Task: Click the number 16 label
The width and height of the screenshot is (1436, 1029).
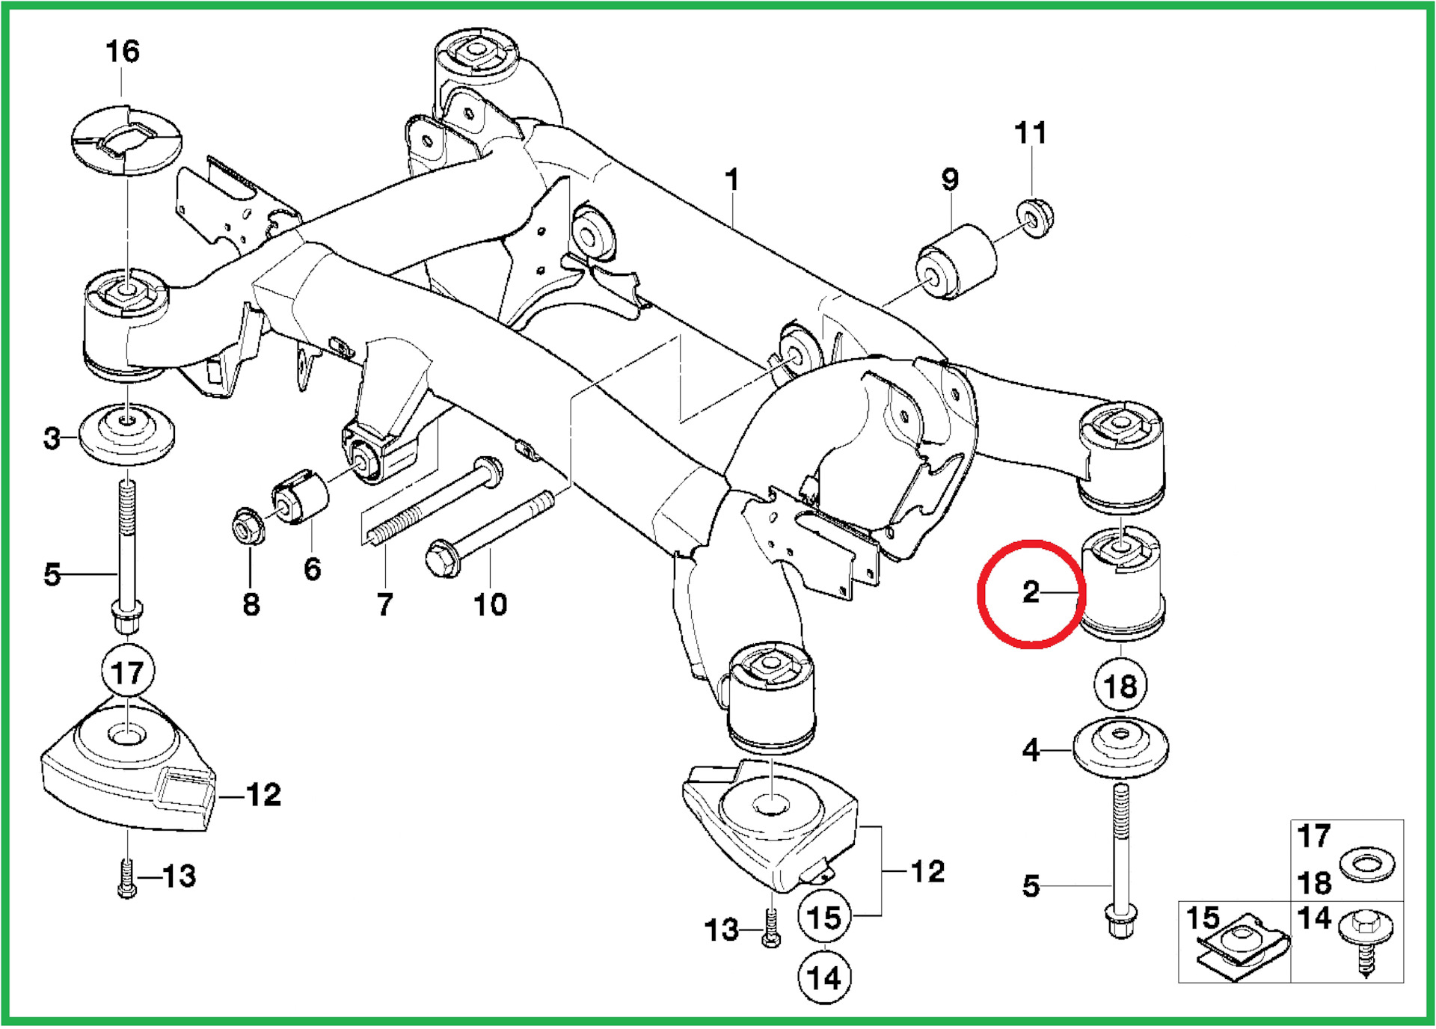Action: (123, 52)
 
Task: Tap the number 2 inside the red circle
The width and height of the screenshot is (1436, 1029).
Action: (1031, 592)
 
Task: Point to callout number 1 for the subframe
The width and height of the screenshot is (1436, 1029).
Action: (732, 179)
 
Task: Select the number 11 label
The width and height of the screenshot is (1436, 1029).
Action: (1030, 133)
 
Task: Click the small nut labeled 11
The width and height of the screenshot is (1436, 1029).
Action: (1036, 218)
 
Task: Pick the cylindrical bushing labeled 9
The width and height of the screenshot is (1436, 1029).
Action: (957, 262)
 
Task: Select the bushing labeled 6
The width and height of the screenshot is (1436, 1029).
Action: (301, 497)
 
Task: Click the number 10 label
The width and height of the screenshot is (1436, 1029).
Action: (490, 604)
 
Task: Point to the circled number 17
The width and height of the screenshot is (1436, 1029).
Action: (128, 672)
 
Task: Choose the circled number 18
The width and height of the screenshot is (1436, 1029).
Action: (1120, 686)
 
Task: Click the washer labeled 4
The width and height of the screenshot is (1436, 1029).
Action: (1120, 748)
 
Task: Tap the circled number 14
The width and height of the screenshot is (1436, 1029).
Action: (824, 977)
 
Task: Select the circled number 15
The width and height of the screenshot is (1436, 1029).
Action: (824, 918)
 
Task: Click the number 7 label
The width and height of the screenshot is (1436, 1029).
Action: (384, 604)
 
